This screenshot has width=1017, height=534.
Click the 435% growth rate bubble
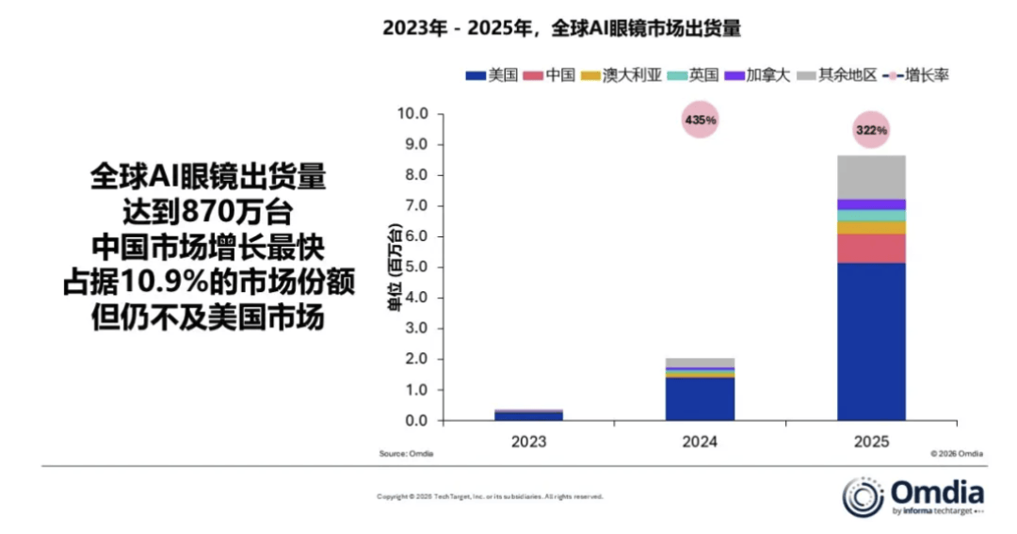tap(700, 121)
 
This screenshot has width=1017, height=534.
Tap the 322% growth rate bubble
tap(871, 130)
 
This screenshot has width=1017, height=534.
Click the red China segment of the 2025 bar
tap(871, 249)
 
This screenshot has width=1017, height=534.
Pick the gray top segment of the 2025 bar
tap(871, 177)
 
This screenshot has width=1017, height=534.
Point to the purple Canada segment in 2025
tap(871, 204)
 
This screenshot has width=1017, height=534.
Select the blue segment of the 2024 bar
tap(700, 398)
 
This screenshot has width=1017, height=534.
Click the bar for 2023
tap(528, 414)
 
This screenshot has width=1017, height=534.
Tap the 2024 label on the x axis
tap(700, 442)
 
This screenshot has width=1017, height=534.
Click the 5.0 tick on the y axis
tap(413, 267)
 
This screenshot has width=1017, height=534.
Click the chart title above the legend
tap(561, 28)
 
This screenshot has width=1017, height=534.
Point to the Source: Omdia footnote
tap(406, 454)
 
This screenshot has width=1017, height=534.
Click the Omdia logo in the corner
tap(912, 495)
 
